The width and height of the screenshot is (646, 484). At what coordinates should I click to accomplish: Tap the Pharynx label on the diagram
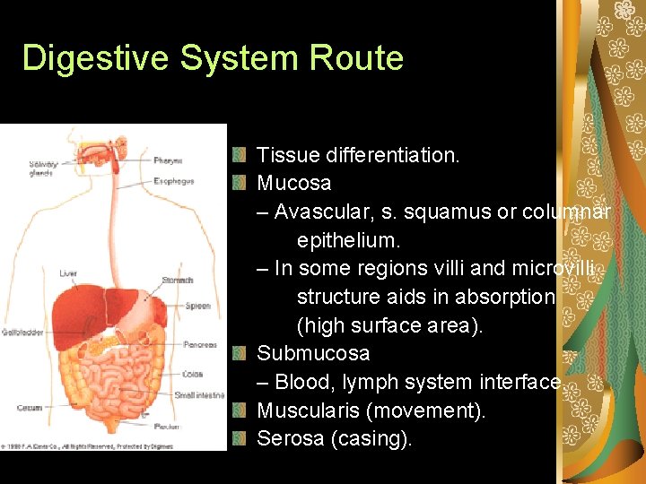tap(168, 160)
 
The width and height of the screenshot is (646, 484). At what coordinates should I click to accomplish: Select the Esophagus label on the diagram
tap(173, 181)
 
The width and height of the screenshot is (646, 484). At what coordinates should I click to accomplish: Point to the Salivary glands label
tap(43, 169)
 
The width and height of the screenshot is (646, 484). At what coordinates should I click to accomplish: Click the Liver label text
tap(68, 273)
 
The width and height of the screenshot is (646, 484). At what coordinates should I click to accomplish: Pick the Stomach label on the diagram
tap(177, 281)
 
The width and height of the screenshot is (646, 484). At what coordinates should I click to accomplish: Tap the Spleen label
tap(197, 306)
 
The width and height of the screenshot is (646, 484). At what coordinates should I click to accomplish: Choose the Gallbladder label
tap(22, 332)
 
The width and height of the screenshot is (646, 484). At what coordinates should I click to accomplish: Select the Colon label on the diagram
tap(192, 373)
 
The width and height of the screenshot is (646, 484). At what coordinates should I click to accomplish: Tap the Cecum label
tap(30, 408)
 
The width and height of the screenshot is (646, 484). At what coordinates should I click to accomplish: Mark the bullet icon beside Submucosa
tap(239, 353)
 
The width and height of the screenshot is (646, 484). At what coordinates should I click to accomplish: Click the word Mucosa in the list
tap(294, 184)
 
